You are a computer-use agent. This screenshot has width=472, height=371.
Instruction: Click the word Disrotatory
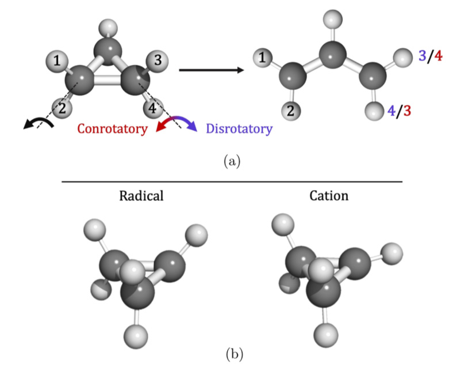[x=239, y=128]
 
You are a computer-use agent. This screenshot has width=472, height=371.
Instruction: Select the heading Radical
[x=141, y=195]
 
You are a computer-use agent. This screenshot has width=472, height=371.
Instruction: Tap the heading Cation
[x=329, y=195]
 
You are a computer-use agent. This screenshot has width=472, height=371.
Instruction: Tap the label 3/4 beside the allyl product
[x=430, y=56]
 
